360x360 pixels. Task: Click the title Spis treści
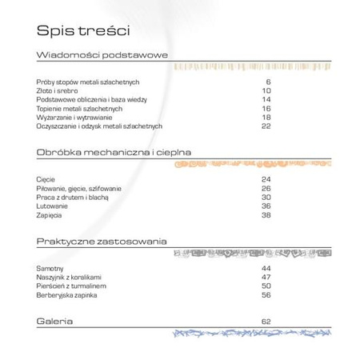tap(83, 30)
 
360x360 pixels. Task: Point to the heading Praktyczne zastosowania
tap(101, 240)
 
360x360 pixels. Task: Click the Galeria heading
tap(55, 321)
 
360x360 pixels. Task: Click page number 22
tap(266, 126)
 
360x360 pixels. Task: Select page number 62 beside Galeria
tap(266, 321)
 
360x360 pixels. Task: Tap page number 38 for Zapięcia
tap(266, 214)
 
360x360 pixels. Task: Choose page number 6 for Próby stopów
tap(269, 82)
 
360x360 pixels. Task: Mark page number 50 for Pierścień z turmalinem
tap(266, 285)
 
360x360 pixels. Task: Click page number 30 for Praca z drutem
tap(266, 197)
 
